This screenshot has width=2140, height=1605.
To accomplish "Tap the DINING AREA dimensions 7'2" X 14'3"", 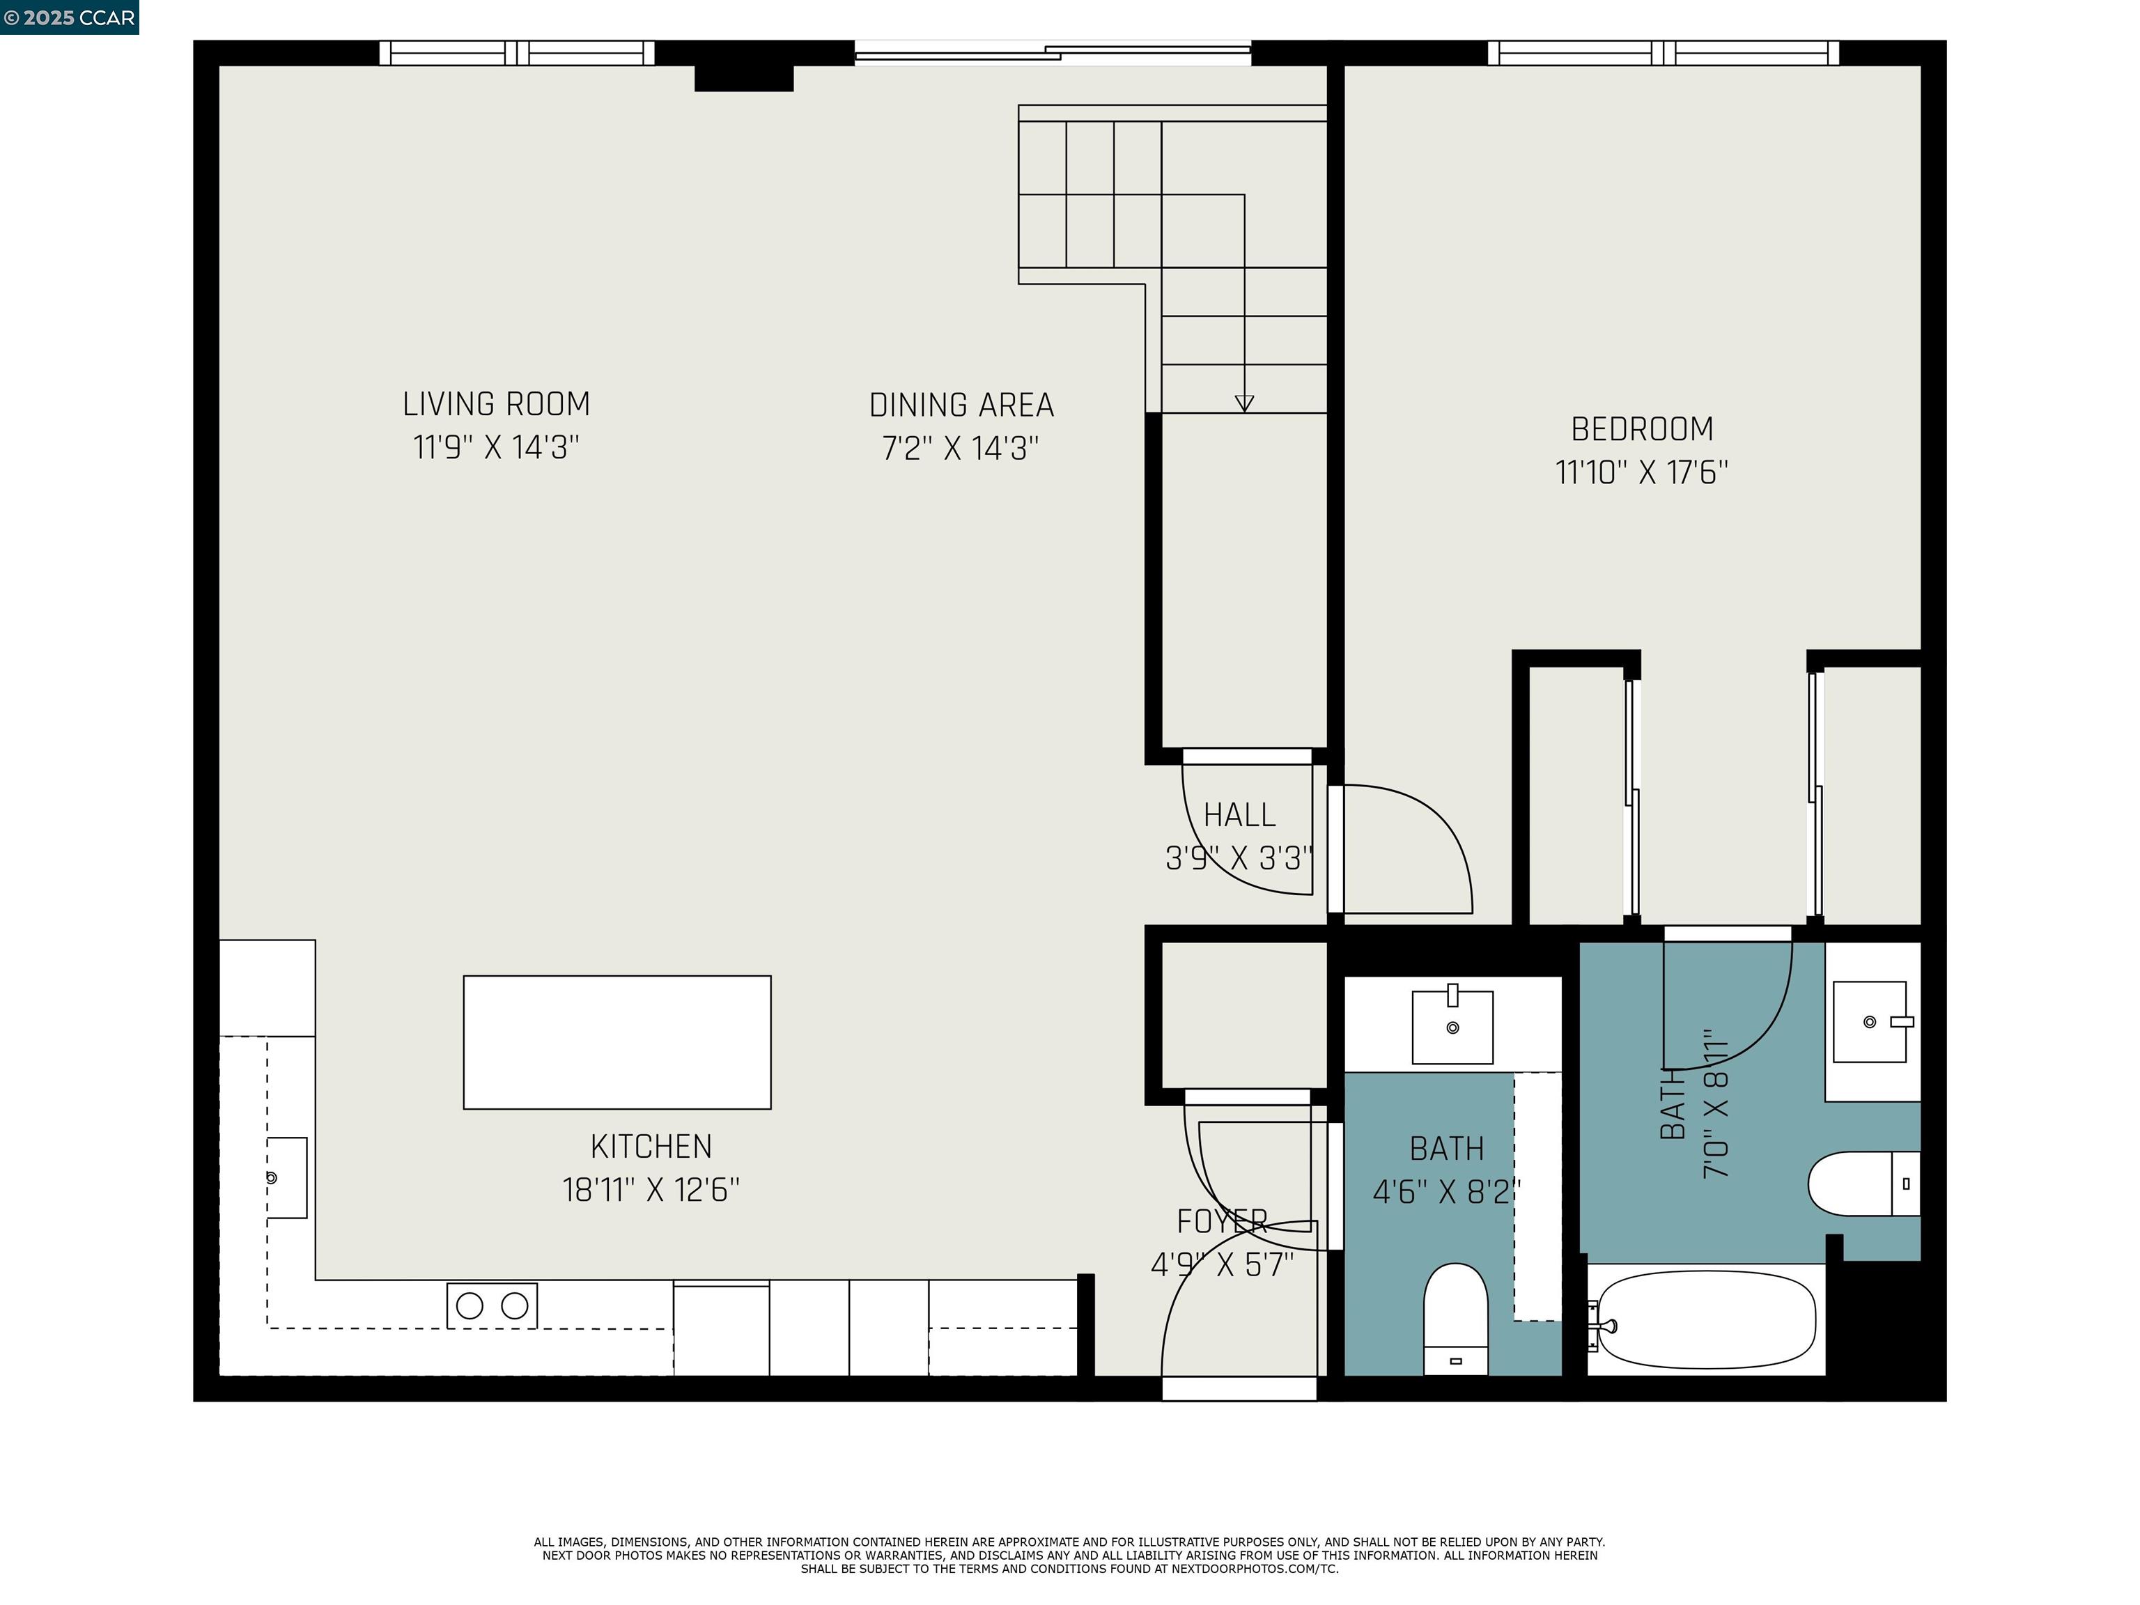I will click(960, 449).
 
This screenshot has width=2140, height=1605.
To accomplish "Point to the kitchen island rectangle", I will click(617, 1042).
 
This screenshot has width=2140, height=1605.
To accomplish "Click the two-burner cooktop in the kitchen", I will click(492, 1305).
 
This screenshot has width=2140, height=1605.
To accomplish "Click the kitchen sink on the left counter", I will click(286, 1177).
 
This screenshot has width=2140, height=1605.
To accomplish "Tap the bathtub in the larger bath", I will click(1705, 1319).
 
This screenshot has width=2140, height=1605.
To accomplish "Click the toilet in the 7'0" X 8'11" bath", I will click(1862, 1183).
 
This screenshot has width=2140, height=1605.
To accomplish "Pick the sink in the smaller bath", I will click(1452, 1025).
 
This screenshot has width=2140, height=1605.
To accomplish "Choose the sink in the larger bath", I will click(1869, 1022).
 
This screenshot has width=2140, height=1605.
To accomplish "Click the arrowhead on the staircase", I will click(1244, 403).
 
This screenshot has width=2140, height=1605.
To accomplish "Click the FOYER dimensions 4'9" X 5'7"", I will click(1222, 1264).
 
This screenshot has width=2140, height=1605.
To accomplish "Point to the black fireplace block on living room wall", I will click(743, 77).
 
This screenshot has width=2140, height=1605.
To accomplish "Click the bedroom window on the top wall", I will click(1662, 53).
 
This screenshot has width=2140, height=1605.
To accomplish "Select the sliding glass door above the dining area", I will click(1053, 53).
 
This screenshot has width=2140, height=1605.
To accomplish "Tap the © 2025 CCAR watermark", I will click(69, 17).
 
